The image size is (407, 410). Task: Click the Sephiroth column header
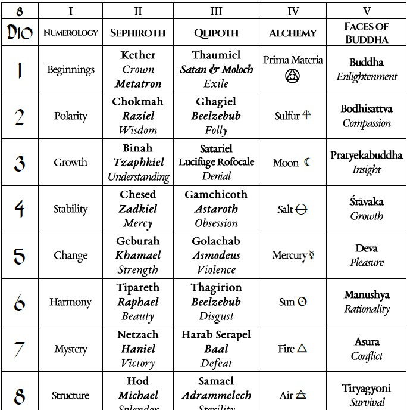(137, 33)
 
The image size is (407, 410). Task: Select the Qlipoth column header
(216, 33)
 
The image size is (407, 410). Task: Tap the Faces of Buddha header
(366, 33)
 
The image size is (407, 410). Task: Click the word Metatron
(138, 83)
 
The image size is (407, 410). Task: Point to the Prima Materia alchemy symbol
(293, 76)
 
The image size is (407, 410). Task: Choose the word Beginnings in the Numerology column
(71, 70)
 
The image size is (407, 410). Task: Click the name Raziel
(138, 116)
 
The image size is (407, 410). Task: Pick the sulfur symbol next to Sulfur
(307, 116)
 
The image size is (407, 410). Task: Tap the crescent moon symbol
(307, 162)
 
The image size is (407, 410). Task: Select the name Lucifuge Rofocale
(216, 162)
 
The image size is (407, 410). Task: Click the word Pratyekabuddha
(366, 156)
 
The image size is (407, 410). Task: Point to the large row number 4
(20, 209)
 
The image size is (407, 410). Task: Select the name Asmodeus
(216, 255)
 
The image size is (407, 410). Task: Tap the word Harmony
(70, 302)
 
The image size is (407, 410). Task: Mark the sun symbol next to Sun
(302, 302)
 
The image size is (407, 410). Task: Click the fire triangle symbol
(302, 349)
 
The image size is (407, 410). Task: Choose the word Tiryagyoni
(366, 389)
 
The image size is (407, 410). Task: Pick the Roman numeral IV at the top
(293, 11)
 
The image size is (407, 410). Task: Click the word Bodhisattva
(366, 109)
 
